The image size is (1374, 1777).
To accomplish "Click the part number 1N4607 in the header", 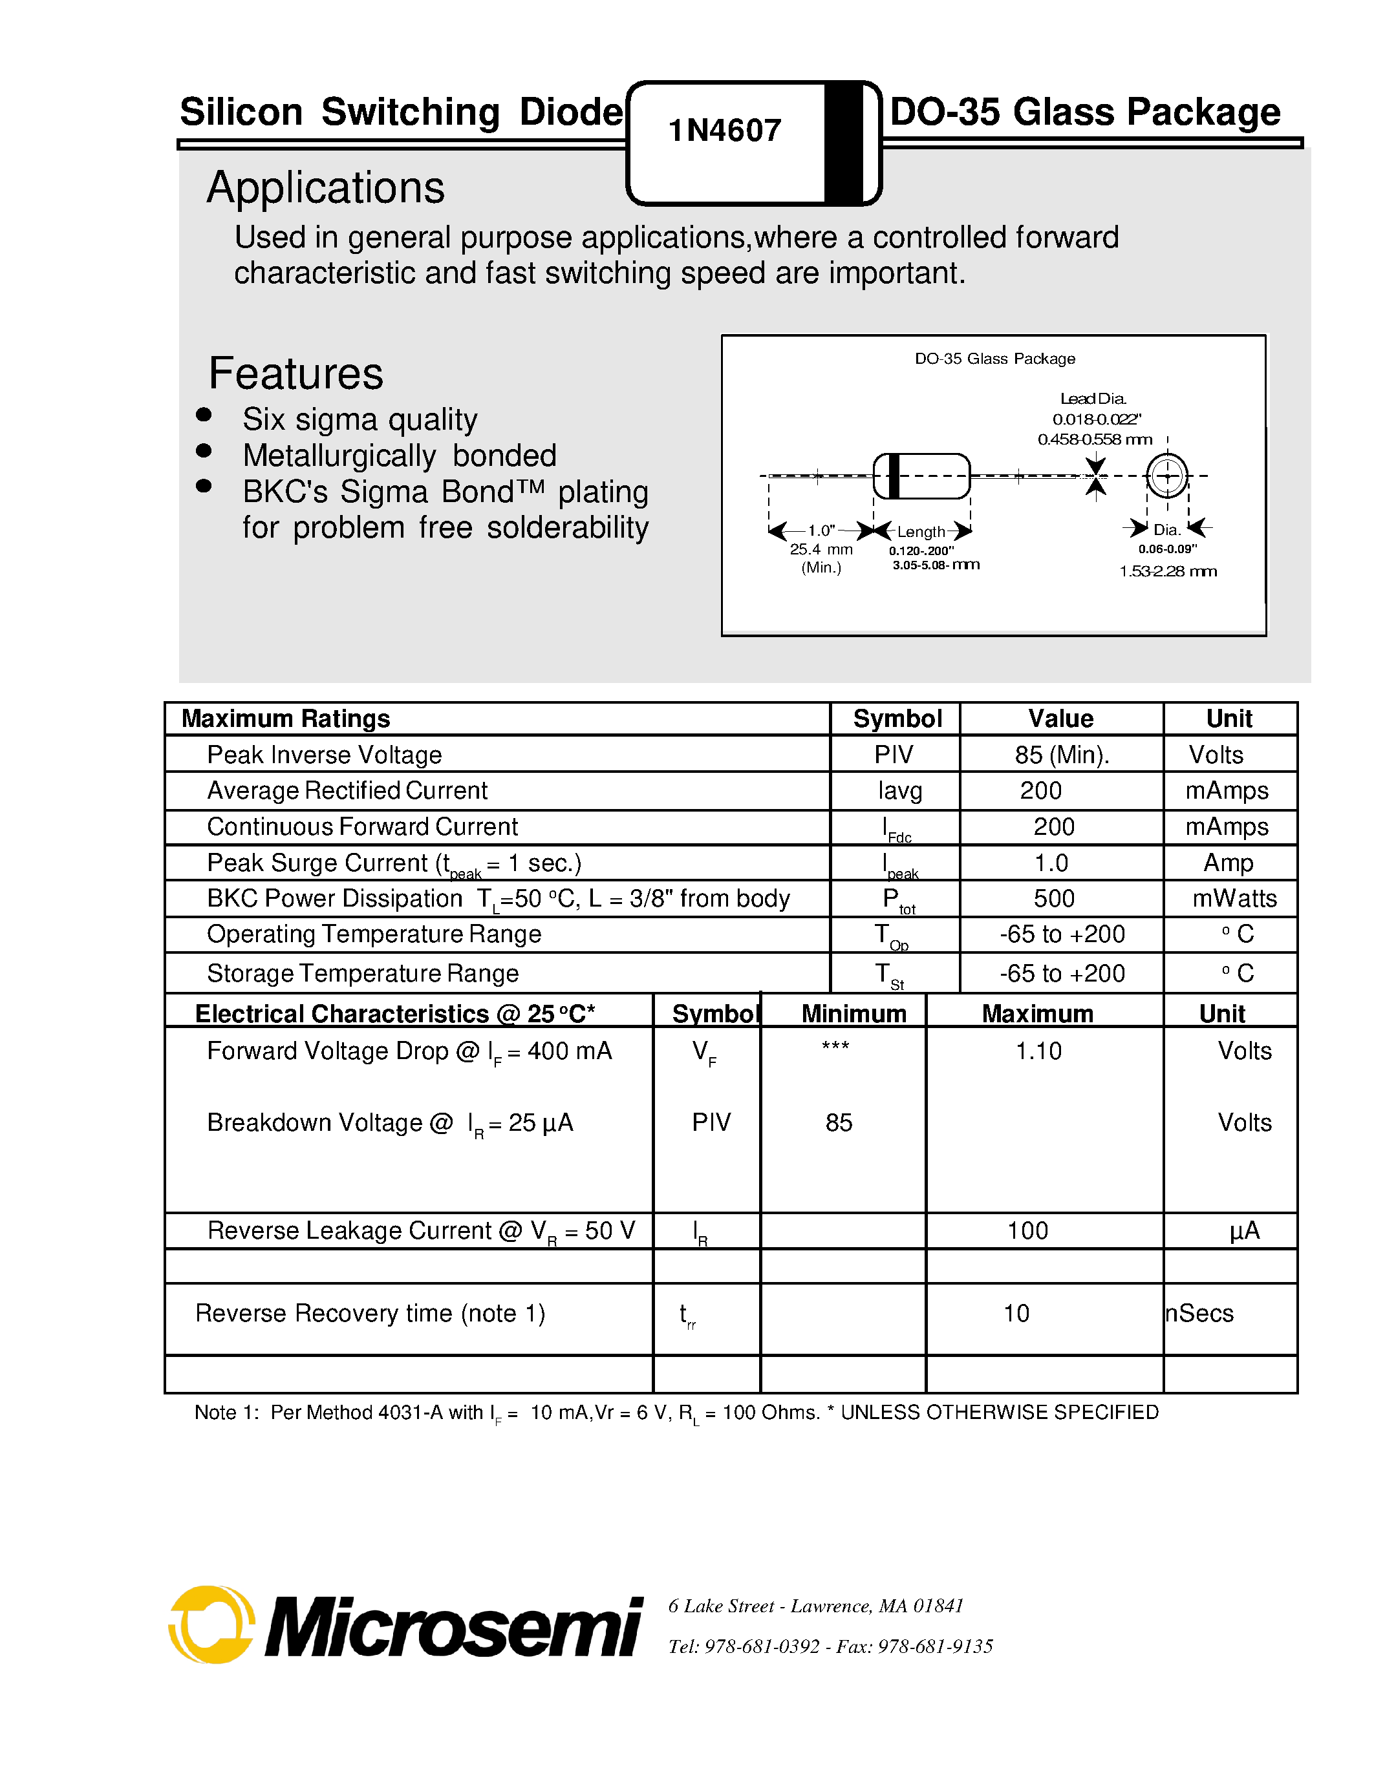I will click(724, 130).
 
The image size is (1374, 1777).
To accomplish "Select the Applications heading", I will click(326, 188).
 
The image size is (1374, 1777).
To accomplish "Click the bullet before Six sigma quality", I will click(204, 415).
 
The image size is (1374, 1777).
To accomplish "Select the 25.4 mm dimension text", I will click(821, 549).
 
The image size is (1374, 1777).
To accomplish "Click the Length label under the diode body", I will click(921, 531).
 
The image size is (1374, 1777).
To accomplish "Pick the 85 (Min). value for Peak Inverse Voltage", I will click(1062, 755).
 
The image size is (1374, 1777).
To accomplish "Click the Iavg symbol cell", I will click(899, 791).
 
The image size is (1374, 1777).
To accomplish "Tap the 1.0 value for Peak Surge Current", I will click(1051, 863).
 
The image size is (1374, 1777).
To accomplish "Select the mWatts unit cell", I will click(1234, 898).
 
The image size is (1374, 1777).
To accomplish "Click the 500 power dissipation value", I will click(1053, 898).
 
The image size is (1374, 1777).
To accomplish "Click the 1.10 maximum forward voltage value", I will click(1038, 1051).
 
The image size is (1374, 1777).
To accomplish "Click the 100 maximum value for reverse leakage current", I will click(1027, 1230).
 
